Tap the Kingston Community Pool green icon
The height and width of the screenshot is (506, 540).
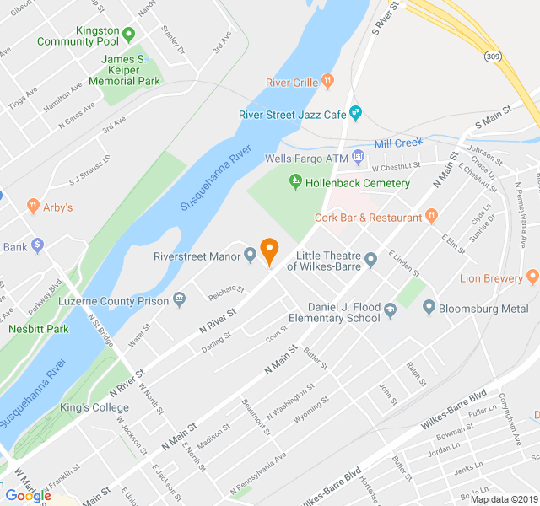point(128,35)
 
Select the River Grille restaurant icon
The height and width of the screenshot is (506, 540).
point(328,82)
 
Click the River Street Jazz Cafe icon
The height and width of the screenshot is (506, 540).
point(356,112)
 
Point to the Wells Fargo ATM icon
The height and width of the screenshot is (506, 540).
point(359,157)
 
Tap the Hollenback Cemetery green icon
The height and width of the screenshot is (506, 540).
point(295,180)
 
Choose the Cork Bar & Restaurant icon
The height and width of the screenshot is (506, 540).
point(431,217)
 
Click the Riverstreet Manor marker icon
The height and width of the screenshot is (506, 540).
point(251,256)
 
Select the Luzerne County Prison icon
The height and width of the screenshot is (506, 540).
point(179,299)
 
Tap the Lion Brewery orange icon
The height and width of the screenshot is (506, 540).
point(532,277)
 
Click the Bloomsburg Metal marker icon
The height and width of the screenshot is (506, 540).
point(429,308)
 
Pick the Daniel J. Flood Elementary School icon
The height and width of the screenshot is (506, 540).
point(390,311)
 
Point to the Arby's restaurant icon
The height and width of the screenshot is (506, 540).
point(34,205)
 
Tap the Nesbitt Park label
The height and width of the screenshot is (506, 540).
point(39,329)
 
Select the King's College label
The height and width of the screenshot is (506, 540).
point(94,408)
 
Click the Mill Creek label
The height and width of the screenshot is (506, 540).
point(398,143)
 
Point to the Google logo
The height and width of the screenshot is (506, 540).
point(28,495)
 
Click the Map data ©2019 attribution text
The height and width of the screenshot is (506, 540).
point(503,499)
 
